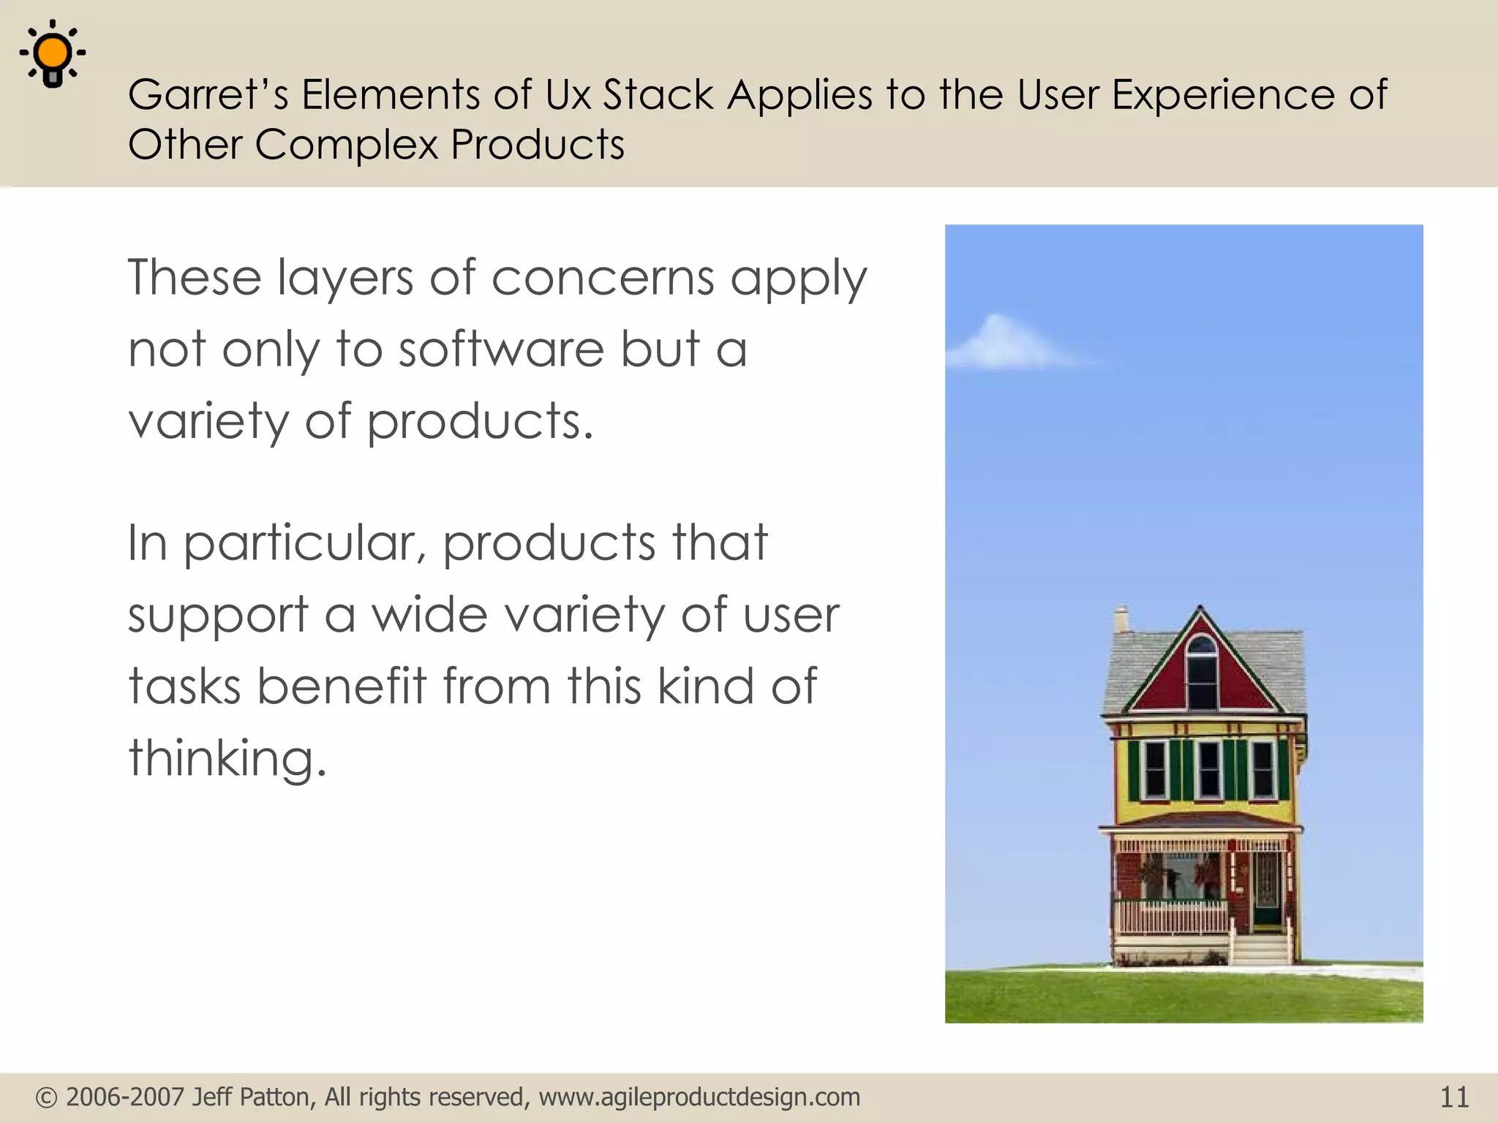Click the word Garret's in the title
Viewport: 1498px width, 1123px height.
208,95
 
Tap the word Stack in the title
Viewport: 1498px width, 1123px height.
658,95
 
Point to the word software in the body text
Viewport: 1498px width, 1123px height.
500,349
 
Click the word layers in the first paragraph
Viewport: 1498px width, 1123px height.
345,279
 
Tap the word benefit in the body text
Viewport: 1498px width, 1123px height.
341,687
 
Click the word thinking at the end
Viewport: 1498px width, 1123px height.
227,758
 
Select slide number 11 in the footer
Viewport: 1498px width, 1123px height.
1453,1097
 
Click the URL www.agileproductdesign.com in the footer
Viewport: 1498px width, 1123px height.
699,1097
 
